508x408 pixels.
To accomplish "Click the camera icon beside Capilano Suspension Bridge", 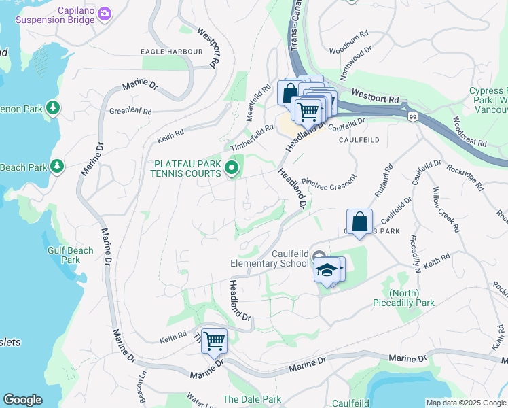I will [x=104, y=14].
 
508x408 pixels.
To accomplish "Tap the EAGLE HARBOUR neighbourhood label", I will [x=171, y=52].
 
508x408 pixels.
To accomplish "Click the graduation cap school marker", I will [x=327, y=270].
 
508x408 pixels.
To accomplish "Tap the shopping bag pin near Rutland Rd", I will [x=359, y=222].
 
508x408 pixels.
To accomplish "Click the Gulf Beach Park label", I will [x=70, y=255].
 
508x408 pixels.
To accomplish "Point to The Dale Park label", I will [x=251, y=399].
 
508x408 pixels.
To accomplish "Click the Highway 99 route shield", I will [x=412, y=117].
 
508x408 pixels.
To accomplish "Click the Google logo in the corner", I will [x=22, y=400].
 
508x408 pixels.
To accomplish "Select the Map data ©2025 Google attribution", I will [x=465, y=403].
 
